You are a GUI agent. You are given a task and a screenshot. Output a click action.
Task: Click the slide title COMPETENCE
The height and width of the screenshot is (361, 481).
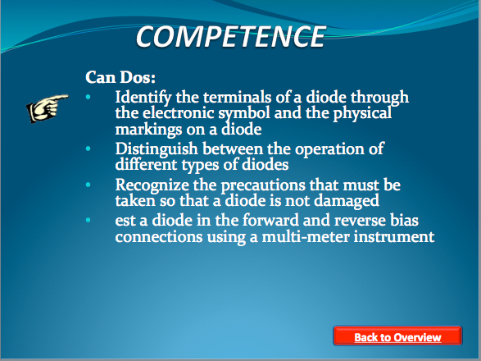pos(230,37)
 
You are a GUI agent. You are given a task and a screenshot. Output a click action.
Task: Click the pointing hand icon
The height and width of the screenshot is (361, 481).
pos(48,108)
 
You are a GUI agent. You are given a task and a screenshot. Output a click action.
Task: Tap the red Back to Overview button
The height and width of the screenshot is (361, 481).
pos(397,336)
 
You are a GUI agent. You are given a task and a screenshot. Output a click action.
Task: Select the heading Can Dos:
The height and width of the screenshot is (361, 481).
pos(120,77)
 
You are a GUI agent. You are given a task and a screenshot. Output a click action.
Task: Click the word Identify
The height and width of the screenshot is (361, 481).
pos(143,98)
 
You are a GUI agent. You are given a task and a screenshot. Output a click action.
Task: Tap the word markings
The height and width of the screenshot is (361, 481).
pos(148,130)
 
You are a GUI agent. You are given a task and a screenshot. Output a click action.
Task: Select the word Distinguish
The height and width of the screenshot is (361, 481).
pos(157,149)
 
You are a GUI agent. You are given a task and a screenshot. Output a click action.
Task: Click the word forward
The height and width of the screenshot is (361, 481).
pos(270,221)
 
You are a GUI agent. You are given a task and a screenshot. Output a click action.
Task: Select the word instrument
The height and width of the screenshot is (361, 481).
pos(394,237)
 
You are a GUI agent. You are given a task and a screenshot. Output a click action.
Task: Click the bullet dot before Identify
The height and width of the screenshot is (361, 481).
pos(88,98)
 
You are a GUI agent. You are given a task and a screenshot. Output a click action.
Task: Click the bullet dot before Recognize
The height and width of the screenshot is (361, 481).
pos(88,185)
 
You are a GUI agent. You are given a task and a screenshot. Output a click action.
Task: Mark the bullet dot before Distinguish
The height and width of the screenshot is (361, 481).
pos(88,149)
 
